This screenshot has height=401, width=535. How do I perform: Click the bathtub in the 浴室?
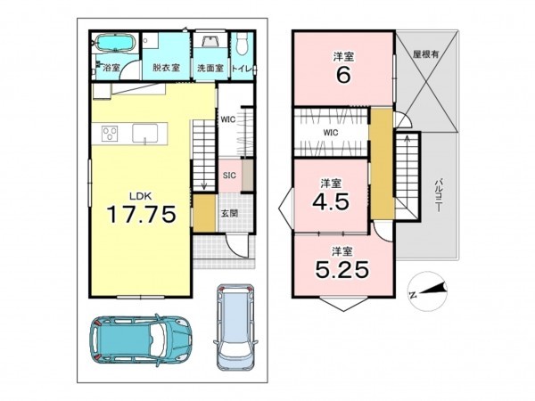coord(115,44)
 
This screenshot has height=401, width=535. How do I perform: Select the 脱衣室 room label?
coord(166,68)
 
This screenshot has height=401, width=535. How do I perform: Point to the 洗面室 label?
coord(210,68)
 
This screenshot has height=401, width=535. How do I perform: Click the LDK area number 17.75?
coord(142,214)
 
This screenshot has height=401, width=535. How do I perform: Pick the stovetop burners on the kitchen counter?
coord(111,133)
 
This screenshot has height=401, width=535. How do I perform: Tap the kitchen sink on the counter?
coord(145,134)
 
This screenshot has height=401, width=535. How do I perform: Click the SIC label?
coord(229,176)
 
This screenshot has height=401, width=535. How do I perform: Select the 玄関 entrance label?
coord(229,214)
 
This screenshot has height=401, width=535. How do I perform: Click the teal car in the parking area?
coord(140,339)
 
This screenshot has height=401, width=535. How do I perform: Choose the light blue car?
coord(235,327)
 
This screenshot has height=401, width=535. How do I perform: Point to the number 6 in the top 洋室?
coord(343,76)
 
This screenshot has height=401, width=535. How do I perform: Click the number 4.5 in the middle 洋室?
coord(331,202)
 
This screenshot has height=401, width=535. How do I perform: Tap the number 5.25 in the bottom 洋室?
coord(342,269)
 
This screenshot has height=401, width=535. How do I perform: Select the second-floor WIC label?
coord(331,132)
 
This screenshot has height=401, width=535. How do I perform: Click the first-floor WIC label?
coord(228,119)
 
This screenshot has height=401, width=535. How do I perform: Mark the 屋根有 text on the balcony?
coord(426,53)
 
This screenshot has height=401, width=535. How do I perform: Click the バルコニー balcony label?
coord(438,195)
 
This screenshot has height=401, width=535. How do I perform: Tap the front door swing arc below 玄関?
coord(232,249)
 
